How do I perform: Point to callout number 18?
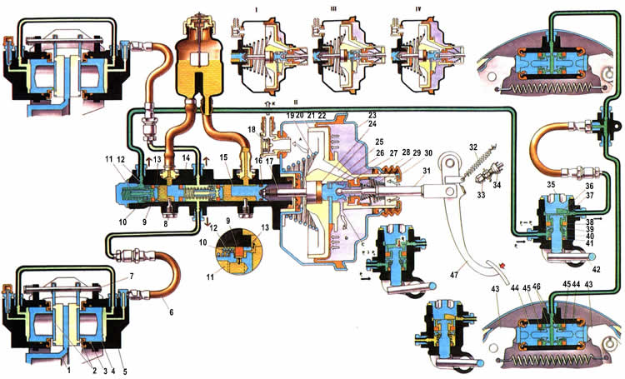252,129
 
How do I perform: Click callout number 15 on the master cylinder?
223,157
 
